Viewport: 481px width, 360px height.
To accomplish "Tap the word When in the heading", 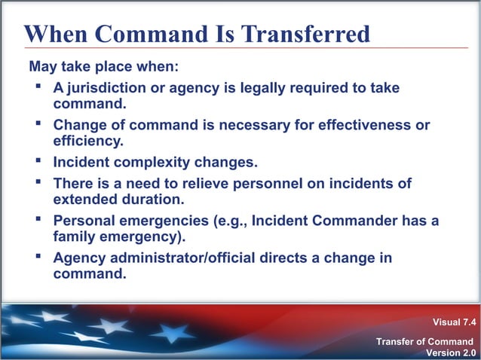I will (54, 34).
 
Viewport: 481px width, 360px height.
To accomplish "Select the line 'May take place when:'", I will (103, 67).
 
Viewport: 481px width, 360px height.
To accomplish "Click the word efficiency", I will (87, 140).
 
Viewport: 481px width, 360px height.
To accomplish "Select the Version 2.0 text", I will (451, 353).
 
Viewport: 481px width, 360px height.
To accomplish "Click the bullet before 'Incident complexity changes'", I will (36, 160).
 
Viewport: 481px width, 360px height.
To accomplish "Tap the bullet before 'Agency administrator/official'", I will (36, 257).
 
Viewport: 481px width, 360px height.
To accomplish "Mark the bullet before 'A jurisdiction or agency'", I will (36, 87).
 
